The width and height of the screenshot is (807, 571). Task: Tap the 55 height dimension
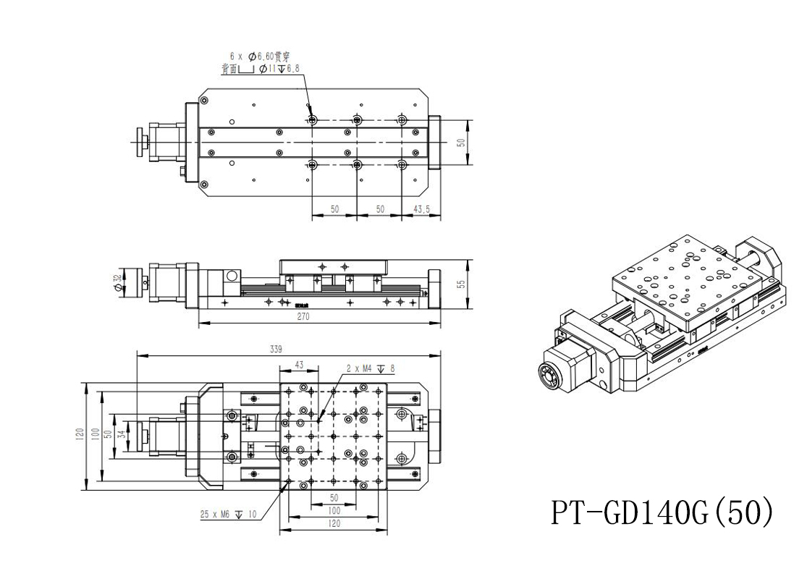click(460, 284)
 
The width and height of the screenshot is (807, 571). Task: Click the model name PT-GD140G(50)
click(662, 512)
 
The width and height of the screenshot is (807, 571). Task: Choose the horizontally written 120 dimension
click(333, 523)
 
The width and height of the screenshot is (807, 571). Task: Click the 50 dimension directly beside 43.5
click(379, 208)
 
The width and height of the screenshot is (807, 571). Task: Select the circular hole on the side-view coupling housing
click(231, 276)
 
